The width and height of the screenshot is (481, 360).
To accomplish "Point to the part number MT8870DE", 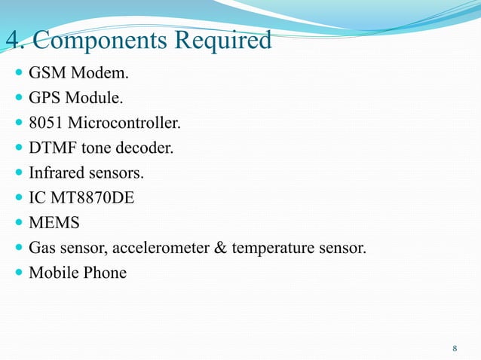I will point(86,198).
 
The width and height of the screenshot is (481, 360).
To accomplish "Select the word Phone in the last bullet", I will point(105,272).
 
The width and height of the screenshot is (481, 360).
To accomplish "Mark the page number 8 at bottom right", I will point(455,348).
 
